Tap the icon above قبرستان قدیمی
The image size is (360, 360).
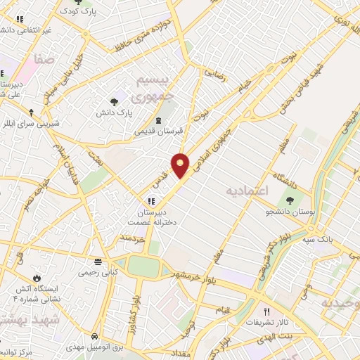coord(159,119)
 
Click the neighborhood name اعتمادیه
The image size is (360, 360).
coord(248,191)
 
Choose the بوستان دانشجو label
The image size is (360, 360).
coord(293,210)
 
